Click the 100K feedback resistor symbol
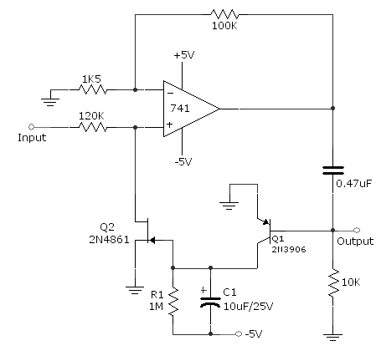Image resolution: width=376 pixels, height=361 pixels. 224,14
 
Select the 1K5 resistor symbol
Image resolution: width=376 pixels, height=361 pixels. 93,89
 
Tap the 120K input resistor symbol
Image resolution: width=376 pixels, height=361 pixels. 93,127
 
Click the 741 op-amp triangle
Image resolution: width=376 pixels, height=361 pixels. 191,109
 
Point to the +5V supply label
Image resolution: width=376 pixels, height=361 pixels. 184,55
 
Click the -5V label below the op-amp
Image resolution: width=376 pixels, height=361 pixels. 183,161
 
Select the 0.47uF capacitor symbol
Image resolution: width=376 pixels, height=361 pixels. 333,170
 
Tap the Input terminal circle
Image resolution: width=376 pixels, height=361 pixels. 31,127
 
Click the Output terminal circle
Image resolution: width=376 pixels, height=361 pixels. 357,230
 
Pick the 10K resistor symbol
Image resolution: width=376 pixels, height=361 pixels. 333,282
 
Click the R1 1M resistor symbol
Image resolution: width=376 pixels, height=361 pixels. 173,302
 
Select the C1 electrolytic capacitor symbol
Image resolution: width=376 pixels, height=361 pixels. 210,302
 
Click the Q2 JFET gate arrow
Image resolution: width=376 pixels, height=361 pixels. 152,240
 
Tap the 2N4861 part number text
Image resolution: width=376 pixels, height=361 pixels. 110,240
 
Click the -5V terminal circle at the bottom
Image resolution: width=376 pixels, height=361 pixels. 239,333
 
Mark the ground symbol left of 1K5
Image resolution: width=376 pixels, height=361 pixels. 50,102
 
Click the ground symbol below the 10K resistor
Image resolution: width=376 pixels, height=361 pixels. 333,337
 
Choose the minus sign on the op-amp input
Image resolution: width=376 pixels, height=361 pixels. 170,94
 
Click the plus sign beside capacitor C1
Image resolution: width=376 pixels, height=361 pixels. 203,290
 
